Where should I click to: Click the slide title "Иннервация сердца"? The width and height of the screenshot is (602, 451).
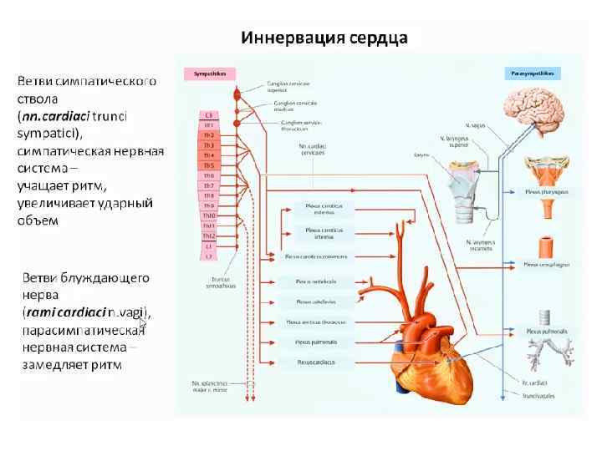point(324,38)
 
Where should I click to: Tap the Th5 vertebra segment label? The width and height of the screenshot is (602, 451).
point(209,165)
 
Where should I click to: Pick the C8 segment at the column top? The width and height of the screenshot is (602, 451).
point(209,114)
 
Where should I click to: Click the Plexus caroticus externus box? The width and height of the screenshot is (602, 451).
point(318,208)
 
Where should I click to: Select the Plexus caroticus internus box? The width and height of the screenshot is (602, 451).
point(318,233)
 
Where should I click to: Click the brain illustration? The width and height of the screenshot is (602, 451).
point(534,113)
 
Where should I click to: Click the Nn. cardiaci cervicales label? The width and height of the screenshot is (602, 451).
point(313,150)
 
